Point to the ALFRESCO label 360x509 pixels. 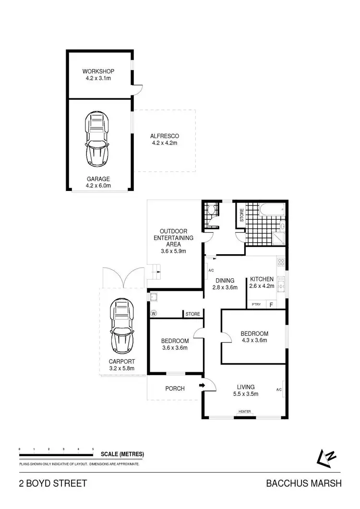click(x=165, y=136)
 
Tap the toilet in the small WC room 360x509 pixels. click(x=210, y=209)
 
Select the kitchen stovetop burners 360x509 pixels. click(x=281, y=262)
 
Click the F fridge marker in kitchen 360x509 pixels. click(x=271, y=305)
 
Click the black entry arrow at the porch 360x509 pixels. click(x=202, y=385)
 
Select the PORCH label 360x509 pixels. click(x=175, y=388)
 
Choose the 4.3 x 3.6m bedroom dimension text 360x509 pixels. click(x=254, y=341)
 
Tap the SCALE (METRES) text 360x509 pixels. click(x=122, y=454)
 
